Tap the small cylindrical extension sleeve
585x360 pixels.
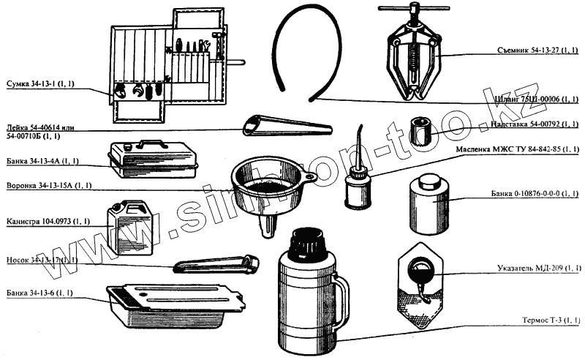tap(422, 131)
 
